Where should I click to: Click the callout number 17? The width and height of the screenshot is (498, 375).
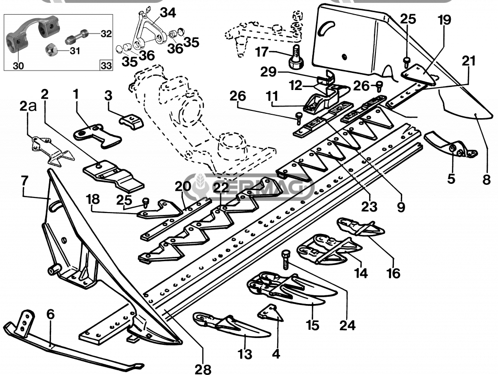[262, 51]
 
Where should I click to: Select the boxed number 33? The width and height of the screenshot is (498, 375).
[106, 64]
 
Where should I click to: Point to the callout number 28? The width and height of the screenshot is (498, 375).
[203, 369]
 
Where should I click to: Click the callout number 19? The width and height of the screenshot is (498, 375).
[444, 20]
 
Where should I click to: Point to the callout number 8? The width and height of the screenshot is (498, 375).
[487, 179]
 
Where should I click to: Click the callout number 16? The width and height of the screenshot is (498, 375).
[393, 273]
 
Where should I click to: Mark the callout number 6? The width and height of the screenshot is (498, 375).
[51, 315]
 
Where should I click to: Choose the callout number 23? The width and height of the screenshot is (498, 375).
[369, 207]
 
